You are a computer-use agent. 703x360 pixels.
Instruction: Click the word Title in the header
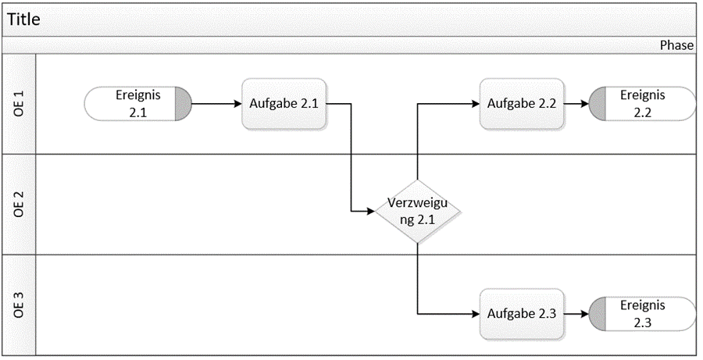(x=24, y=20)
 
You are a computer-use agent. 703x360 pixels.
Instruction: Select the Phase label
(x=676, y=45)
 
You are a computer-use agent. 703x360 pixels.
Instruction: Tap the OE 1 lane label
(x=20, y=104)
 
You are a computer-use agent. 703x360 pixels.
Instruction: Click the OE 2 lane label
(x=20, y=204)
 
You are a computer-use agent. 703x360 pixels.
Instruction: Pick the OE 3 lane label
(x=20, y=305)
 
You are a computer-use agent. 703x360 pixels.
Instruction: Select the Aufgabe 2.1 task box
(x=284, y=103)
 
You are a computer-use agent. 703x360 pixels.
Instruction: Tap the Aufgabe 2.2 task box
(x=522, y=103)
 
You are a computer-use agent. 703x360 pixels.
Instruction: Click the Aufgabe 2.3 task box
(x=522, y=314)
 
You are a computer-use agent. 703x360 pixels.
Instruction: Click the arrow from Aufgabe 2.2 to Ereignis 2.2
(x=576, y=103)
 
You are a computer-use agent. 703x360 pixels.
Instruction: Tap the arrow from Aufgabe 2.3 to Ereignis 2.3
(x=576, y=314)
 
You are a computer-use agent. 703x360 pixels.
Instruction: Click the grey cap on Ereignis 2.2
(x=597, y=103)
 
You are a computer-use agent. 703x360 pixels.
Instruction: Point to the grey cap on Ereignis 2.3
(x=597, y=314)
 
